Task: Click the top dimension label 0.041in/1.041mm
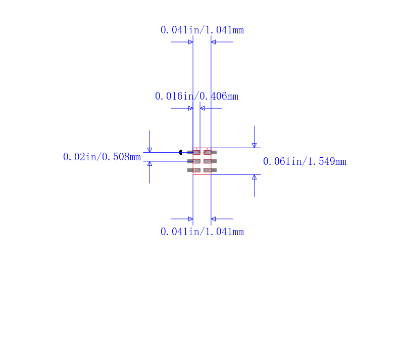tap(202, 30)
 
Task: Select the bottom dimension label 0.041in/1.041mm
tap(202, 232)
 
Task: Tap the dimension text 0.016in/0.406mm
tap(196, 96)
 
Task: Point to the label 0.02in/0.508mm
tap(102, 157)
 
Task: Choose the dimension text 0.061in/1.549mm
tap(305, 161)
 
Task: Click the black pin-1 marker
tap(180, 152)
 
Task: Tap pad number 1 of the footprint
tap(194, 152)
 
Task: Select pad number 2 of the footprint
tap(194, 161)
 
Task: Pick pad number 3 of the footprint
tap(194, 170)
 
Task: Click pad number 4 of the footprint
tap(210, 170)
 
